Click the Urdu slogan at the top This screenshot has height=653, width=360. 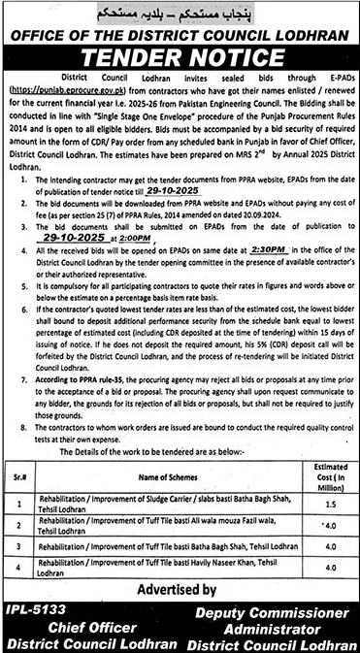[x=180, y=14]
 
